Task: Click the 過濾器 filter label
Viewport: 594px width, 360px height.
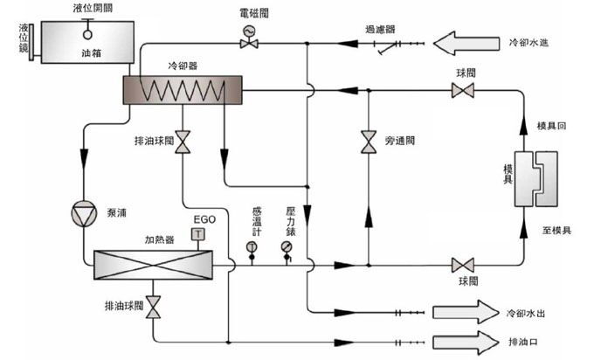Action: [x=381, y=29]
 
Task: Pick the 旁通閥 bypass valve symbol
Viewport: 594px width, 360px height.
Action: [x=368, y=141]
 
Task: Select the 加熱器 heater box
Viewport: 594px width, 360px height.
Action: [x=154, y=261]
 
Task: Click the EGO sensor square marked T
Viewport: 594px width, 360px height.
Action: [x=199, y=234]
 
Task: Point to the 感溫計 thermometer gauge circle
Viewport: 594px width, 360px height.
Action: [x=252, y=247]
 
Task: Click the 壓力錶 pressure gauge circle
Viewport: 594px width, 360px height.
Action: [x=287, y=247]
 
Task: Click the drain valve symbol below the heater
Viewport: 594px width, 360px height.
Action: [x=154, y=307]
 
